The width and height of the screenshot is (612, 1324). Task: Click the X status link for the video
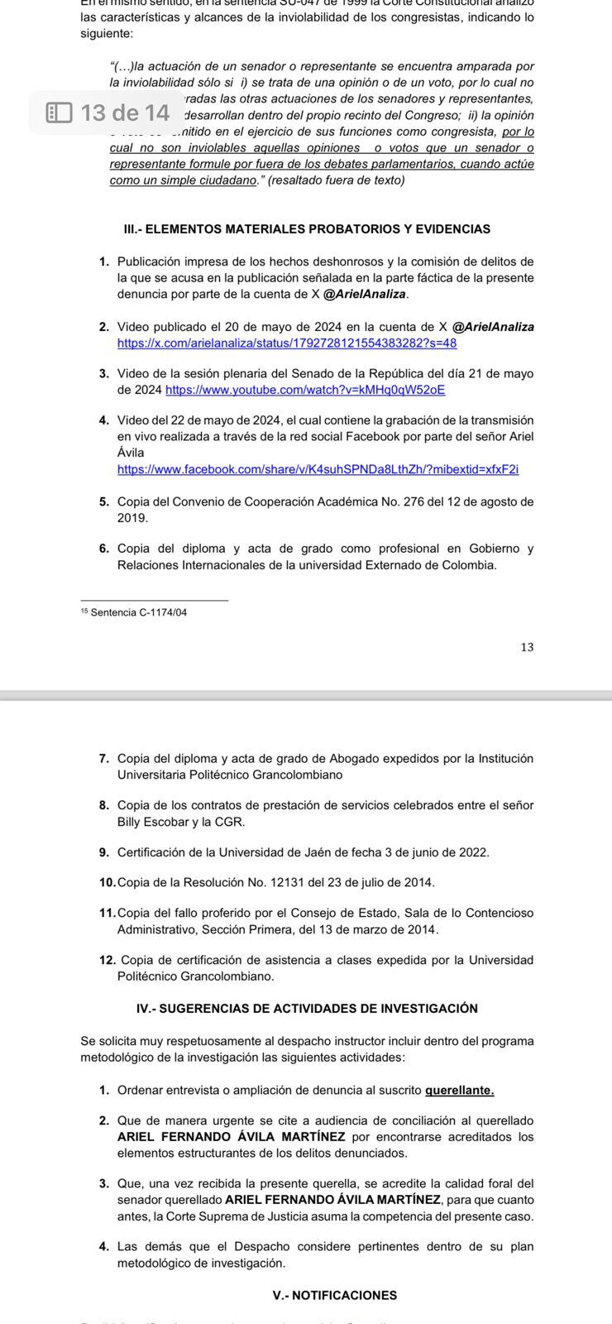point(287,343)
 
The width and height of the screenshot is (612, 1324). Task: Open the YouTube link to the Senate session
point(305,390)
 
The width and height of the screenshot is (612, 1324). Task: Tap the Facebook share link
point(318,469)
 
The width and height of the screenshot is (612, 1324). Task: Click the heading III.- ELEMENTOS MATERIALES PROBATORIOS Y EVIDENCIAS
point(307,229)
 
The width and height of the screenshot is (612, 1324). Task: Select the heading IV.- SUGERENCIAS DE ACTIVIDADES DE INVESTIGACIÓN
point(307,1009)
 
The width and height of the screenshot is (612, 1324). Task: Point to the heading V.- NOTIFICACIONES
point(335,1295)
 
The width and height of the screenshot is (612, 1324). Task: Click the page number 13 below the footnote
point(527,647)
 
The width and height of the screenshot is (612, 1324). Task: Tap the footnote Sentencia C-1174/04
point(132,612)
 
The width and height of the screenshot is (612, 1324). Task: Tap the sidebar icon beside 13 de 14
point(59,113)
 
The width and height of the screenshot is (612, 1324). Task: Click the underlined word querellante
point(459,1090)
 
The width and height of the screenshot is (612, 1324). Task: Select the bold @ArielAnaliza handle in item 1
point(366,294)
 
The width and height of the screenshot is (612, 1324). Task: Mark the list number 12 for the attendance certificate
point(107,960)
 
